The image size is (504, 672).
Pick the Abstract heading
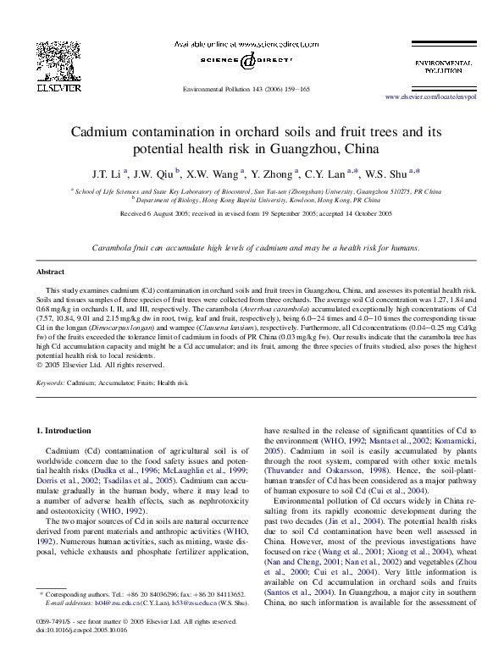click(x=50, y=272)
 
